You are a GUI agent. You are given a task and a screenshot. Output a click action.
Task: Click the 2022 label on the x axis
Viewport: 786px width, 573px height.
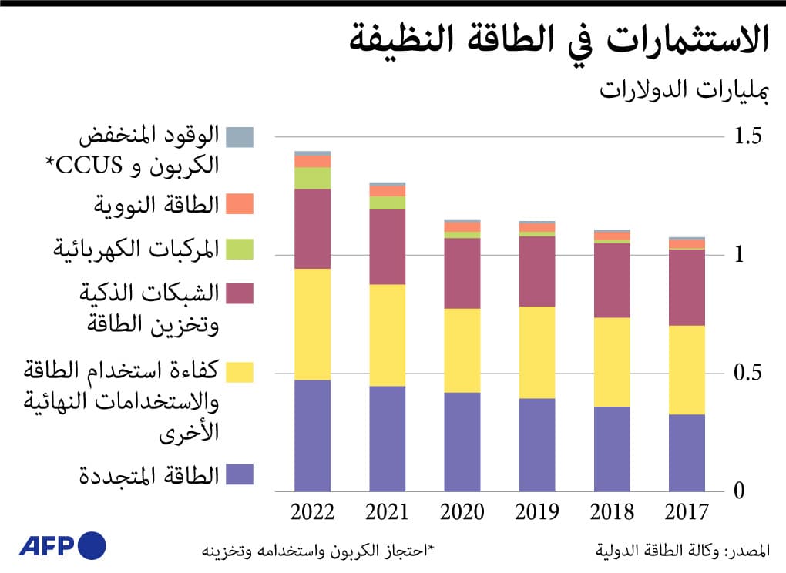[x=312, y=512]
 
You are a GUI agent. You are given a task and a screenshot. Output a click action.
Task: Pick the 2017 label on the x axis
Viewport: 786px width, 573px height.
[x=687, y=512]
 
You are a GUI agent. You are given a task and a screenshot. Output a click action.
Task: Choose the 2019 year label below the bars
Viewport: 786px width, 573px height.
[x=537, y=512]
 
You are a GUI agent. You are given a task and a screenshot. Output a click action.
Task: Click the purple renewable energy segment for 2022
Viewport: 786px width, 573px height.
[x=312, y=435]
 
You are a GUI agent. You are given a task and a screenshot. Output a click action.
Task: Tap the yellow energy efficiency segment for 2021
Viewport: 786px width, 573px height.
[x=387, y=335]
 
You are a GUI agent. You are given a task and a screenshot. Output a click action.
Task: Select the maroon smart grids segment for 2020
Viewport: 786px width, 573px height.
[x=462, y=273]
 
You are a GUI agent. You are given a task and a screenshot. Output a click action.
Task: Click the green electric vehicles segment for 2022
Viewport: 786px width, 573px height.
[x=312, y=178]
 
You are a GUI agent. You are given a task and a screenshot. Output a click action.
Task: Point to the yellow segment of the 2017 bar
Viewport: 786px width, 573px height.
[x=687, y=370]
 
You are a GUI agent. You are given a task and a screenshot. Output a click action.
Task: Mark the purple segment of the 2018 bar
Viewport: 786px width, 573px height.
[x=612, y=448]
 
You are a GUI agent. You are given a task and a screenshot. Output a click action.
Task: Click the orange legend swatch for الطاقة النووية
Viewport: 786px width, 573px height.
[x=240, y=204]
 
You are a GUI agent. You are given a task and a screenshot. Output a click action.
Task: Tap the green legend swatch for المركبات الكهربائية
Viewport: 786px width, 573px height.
[x=240, y=249]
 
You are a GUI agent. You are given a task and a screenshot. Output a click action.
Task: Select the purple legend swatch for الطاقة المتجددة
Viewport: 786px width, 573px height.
[x=240, y=474]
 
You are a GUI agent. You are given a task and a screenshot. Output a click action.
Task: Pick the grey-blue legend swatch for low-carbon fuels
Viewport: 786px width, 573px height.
[x=240, y=137]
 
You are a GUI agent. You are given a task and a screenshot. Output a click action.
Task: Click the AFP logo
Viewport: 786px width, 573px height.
[x=62, y=546]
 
